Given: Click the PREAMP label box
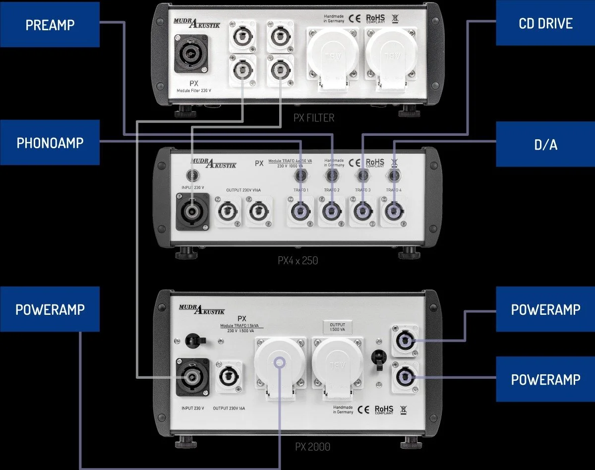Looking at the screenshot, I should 50,24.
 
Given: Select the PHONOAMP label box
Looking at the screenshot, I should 50,143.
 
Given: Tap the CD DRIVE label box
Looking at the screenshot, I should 545,24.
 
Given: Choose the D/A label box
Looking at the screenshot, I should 545,144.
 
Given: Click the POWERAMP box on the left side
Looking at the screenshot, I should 50,309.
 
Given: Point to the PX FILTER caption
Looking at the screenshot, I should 313,118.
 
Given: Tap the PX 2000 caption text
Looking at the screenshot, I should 312,447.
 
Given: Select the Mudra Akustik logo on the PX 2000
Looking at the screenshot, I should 202,310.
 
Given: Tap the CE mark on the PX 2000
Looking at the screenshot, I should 362,409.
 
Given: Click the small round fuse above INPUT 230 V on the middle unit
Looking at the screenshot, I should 192,175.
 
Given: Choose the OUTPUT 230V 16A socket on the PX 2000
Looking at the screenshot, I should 229,377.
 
